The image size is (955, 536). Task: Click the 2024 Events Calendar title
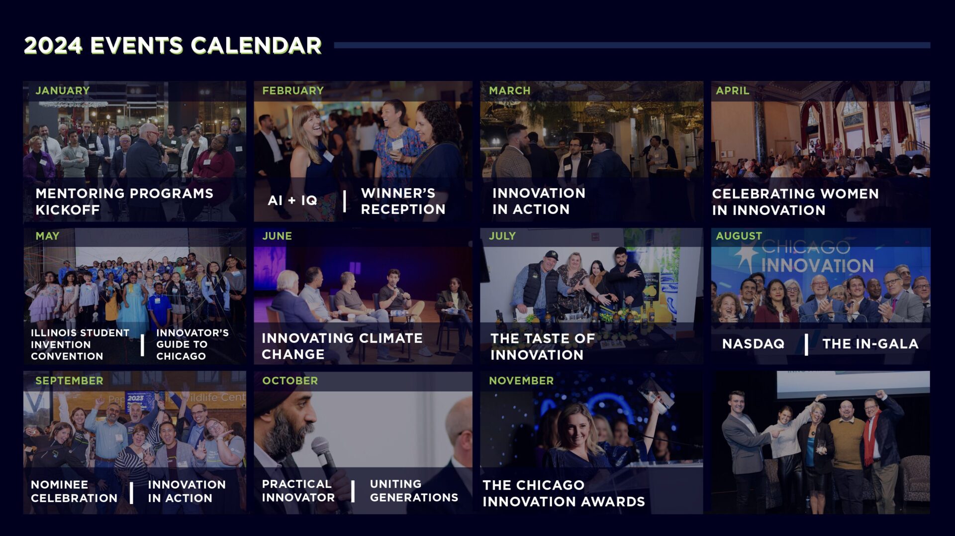[173, 45]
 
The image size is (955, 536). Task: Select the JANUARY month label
[63, 91]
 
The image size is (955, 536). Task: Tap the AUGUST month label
[739, 236]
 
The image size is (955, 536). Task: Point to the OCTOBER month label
[290, 381]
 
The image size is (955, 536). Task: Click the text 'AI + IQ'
[292, 201]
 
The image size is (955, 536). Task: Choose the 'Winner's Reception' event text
[403, 201]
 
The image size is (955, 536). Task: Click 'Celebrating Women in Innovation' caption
[795, 202]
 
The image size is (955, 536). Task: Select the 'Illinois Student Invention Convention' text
[80, 344]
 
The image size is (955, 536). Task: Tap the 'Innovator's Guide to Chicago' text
[192, 344]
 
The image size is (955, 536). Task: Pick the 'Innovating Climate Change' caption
[342, 346]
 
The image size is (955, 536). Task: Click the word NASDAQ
[753, 344]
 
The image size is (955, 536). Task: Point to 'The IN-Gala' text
[870, 344]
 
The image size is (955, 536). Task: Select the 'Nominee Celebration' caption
[74, 491]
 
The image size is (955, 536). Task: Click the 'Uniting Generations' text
[414, 491]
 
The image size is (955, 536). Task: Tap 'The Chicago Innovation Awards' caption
[564, 493]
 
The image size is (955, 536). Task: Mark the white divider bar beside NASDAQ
[806, 344]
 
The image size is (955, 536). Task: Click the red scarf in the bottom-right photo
[870, 438]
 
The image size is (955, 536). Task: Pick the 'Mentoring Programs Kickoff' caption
[124, 202]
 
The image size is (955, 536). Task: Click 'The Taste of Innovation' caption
[543, 346]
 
